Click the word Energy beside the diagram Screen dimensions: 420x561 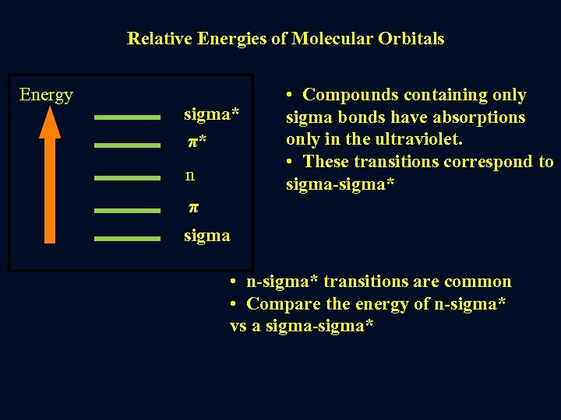tap(46, 95)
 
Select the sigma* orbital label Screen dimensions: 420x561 tap(211, 115)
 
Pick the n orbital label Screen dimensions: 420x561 tap(190, 175)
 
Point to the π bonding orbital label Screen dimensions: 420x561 tap(194, 208)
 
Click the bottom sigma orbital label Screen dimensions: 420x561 tap(206, 235)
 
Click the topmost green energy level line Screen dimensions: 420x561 tap(127, 117)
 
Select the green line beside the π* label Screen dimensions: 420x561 tap(127, 145)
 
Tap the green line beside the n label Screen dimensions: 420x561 tap(127, 177)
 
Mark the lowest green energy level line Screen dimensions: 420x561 tap(127, 238)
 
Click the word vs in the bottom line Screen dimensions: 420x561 tap(238, 326)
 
